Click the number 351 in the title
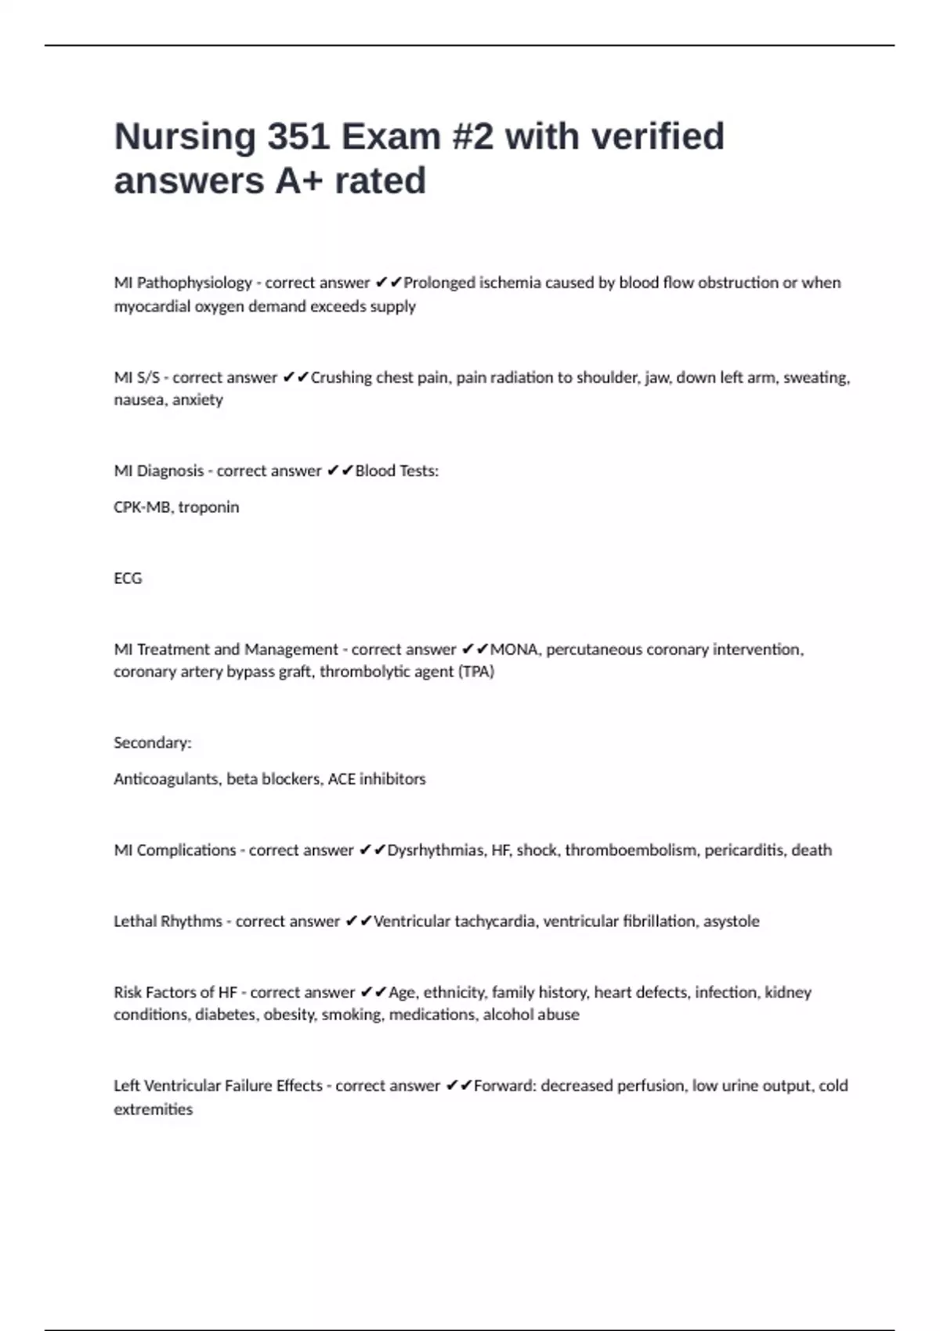(x=298, y=137)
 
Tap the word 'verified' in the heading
(x=657, y=137)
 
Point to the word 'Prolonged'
(x=438, y=283)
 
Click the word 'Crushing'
(x=342, y=377)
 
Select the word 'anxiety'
(x=197, y=400)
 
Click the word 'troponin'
(x=208, y=507)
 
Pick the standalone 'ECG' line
(x=128, y=579)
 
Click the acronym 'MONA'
(x=514, y=650)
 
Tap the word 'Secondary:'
(x=153, y=743)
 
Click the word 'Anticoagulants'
(x=166, y=779)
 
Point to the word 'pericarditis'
(x=743, y=850)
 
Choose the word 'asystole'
(x=731, y=922)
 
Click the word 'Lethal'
(x=135, y=922)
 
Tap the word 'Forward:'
(x=504, y=1086)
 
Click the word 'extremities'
(x=153, y=1109)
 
